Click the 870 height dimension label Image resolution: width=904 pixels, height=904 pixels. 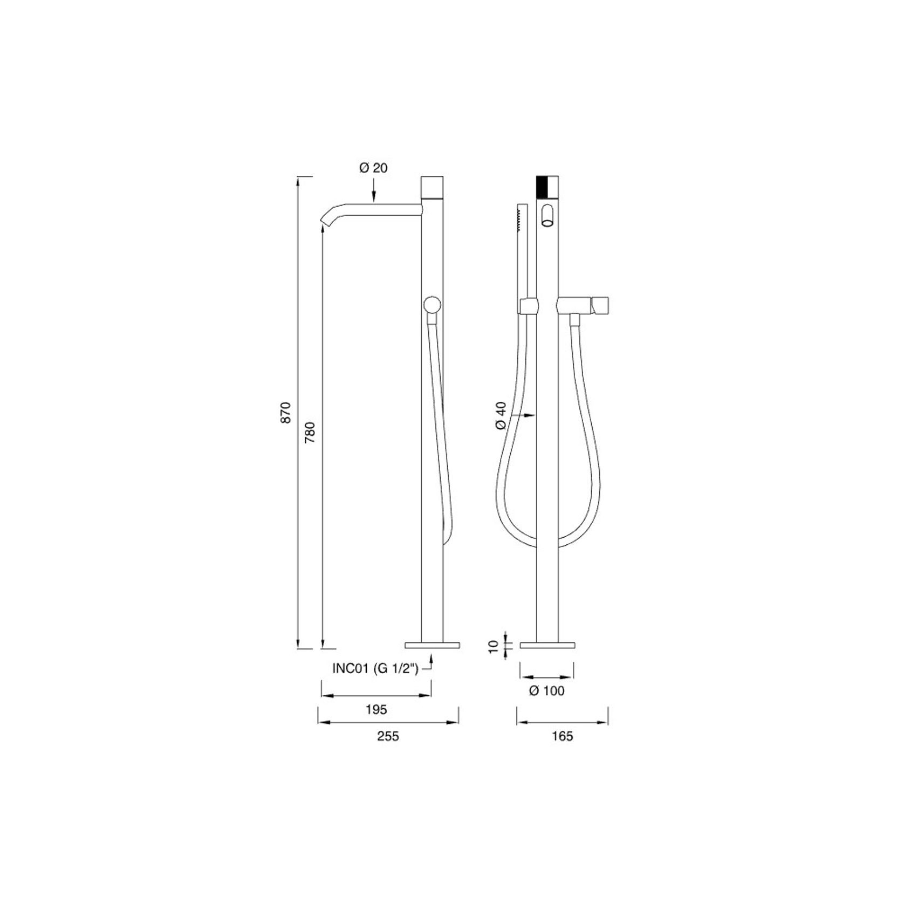(x=286, y=412)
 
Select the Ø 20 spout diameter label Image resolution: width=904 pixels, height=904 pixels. (x=373, y=168)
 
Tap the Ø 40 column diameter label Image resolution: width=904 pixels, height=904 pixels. (x=501, y=415)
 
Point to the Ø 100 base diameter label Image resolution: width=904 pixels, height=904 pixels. (x=547, y=690)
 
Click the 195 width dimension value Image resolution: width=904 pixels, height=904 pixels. (x=376, y=710)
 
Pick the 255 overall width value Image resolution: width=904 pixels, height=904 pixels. (x=388, y=736)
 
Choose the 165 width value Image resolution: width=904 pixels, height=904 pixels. (x=563, y=736)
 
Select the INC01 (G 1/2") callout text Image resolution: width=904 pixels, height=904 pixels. (x=375, y=669)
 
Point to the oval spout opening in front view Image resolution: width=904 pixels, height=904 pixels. (x=549, y=216)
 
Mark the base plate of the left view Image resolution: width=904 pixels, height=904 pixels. (x=432, y=645)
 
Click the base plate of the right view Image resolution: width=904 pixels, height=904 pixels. (x=547, y=645)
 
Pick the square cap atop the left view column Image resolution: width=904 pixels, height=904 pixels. (x=432, y=187)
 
